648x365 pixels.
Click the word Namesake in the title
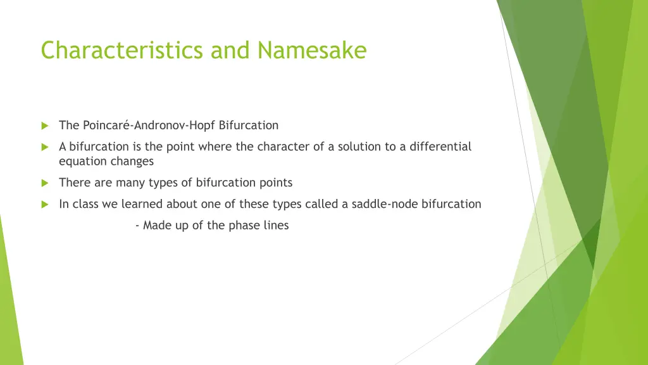click(x=312, y=50)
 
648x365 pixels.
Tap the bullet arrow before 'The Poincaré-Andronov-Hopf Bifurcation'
click(x=45, y=125)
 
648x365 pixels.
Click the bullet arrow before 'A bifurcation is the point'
click(x=45, y=147)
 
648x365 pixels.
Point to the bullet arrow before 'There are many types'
click(x=45, y=183)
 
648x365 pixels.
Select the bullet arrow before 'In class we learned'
click(x=45, y=204)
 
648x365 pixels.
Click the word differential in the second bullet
click(x=440, y=147)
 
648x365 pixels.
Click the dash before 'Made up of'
click(x=137, y=226)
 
